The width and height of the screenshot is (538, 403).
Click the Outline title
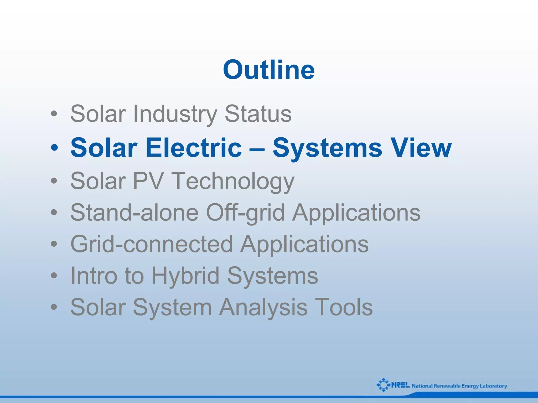[x=268, y=70]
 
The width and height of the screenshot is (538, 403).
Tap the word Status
[x=258, y=114]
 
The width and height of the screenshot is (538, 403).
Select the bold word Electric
[x=193, y=148]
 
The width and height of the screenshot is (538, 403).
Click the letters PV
[x=148, y=181]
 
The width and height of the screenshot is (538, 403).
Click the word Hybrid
[x=185, y=276]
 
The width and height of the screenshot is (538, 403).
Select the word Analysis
[x=263, y=307]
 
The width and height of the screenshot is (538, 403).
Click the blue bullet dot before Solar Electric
[x=54, y=148]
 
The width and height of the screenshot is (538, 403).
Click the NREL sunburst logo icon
[x=384, y=385]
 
